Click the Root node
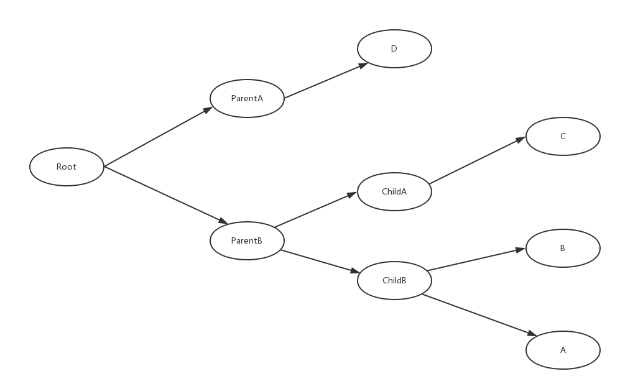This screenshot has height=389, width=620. tap(67, 167)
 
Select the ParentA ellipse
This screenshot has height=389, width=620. tap(247, 98)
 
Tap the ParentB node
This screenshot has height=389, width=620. tap(247, 240)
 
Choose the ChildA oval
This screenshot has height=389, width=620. tap(394, 191)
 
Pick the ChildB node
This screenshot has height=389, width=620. tap(394, 280)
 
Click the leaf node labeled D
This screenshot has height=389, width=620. tap(394, 48)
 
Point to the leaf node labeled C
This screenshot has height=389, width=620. tap(563, 136)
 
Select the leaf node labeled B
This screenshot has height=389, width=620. tap(563, 248)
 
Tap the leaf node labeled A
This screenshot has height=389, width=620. tap(563, 350)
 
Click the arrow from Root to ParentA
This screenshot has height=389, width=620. tap(159, 137)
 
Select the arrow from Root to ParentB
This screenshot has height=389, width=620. tap(165, 194)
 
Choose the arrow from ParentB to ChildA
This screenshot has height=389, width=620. tap(316, 209)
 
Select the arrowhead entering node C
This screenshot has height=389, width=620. tap(522, 140)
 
